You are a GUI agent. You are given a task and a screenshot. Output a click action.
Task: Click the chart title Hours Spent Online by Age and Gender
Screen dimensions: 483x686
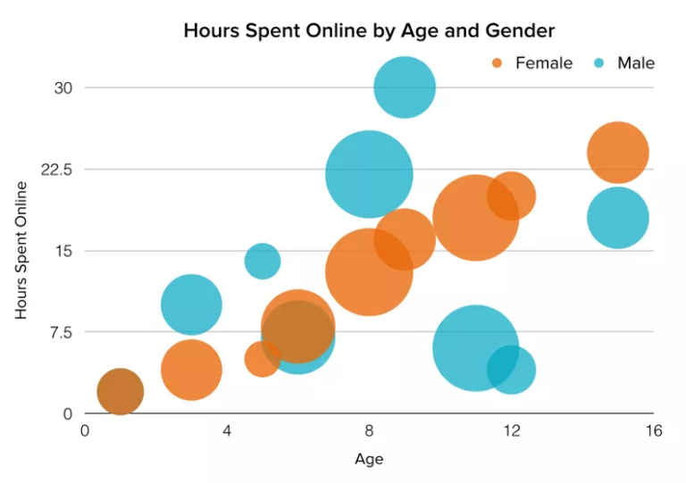point(369,30)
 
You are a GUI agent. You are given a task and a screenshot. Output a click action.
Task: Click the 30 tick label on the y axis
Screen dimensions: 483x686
point(62,87)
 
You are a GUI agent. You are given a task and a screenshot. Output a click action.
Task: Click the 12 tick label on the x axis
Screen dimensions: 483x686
point(511,431)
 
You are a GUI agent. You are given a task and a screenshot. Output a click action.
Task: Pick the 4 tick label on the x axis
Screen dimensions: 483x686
point(227,431)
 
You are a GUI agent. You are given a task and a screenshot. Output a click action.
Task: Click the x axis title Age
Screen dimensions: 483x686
point(369,460)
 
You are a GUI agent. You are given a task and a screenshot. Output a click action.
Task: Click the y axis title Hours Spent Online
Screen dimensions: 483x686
point(21,251)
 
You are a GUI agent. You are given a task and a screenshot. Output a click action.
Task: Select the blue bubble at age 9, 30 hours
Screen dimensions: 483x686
point(405,87)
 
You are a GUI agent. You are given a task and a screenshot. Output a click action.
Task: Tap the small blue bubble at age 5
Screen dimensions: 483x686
point(262,261)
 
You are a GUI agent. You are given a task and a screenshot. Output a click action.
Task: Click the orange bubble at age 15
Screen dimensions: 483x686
point(617,153)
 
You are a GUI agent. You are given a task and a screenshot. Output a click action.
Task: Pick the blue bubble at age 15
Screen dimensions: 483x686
point(617,218)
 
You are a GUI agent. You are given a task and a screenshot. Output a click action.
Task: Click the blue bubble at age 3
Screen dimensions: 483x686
point(191,304)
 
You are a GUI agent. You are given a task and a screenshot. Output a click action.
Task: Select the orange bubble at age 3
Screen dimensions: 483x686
point(191,370)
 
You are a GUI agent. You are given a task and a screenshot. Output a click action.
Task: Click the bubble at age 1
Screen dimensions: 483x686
point(120,391)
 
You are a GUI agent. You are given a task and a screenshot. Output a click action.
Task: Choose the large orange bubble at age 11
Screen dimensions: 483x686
point(476,217)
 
